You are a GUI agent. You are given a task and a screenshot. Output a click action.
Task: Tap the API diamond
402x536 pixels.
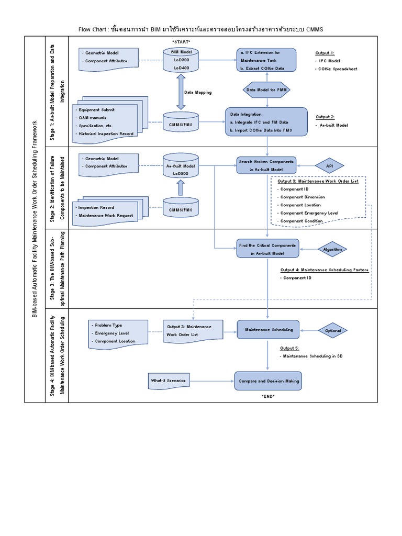(329, 165)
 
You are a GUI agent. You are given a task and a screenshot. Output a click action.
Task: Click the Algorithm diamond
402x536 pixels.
(332, 250)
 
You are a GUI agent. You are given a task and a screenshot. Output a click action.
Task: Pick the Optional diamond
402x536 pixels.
(333, 330)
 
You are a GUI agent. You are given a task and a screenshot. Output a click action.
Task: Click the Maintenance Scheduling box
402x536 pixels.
(269, 330)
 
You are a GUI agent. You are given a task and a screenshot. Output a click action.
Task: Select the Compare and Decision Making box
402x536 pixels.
(269, 381)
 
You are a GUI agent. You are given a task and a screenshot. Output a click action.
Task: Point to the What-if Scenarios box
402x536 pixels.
(169, 381)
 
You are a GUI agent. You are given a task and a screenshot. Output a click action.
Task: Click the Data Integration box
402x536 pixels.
(266, 122)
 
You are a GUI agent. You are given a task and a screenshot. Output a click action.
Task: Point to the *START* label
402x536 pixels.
(181, 41)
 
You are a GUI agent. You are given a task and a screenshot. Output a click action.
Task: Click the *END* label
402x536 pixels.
(268, 396)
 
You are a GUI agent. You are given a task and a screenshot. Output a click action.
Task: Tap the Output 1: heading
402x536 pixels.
(325, 53)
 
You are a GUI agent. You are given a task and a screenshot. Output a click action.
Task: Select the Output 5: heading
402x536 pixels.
(289, 348)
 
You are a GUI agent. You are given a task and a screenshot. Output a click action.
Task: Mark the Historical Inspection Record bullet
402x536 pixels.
(105, 133)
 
